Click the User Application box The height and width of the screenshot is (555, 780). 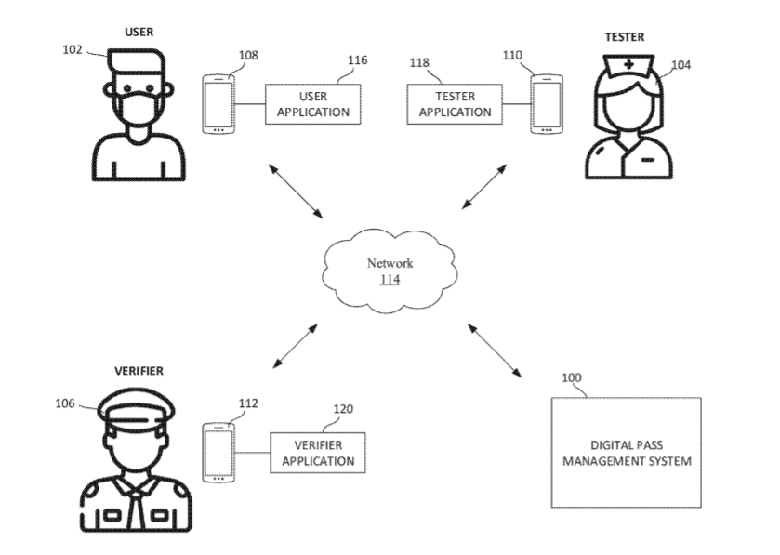311,104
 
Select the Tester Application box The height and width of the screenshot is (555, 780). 455,104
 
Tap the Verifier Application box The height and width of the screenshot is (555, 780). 318,453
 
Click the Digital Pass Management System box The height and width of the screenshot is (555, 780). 627,452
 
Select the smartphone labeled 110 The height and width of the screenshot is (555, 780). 545,103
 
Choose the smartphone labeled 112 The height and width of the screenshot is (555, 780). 218,453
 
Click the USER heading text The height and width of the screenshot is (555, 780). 139,33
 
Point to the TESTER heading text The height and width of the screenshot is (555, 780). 625,37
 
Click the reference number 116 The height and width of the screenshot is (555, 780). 357,60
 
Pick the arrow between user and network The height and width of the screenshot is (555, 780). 295,191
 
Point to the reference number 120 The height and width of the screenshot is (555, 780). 343,408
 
